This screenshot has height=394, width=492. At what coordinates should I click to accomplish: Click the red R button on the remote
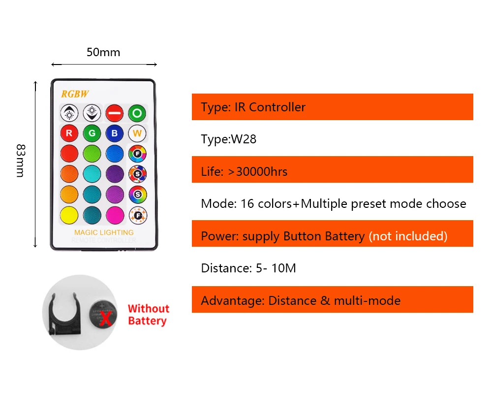pyautogui.click(x=69, y=133)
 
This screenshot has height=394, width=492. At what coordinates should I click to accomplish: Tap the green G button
pyautogui.click(x=92, y=133)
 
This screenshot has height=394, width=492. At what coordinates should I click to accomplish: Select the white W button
pyautogui.click(x=137, y=133)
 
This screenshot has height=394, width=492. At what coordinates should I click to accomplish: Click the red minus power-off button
pyautogui.click(x=114, y=113)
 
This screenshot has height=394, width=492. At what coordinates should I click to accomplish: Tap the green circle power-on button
pyautogui.click(x=137, y=113)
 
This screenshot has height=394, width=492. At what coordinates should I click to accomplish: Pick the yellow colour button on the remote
pyautogui.click(x=69, y=215)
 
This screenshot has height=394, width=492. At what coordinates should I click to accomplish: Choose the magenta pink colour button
pyautogui.click(x=114, y=215)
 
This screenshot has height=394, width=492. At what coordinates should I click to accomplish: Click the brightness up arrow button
pyautogui.click(x=69, y=113)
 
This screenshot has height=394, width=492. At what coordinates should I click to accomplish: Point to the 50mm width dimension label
pyautogui.click(x=103, y=52)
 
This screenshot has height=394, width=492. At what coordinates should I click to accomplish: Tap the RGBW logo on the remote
pyautogui.click(x=75, y=94)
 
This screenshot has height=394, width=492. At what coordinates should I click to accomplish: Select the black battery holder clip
pyautogui.click(x=64, y=313)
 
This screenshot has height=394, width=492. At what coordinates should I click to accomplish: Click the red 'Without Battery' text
pyautogui.click(x=148, y=315)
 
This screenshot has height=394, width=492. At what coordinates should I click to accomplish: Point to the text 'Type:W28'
pyautogui.click(x=229, y=139)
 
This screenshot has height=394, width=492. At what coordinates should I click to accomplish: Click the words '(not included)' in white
pyautogui.click(x=408, y=236)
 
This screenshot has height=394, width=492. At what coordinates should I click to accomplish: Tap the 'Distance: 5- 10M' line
pyautogui.click(x=248, y=268)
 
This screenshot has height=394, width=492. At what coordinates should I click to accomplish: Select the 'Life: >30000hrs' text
pyautogui.click(x=244, y=171)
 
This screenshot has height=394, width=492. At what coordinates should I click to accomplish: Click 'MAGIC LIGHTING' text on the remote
pyautogui.click(x=103, y=232)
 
